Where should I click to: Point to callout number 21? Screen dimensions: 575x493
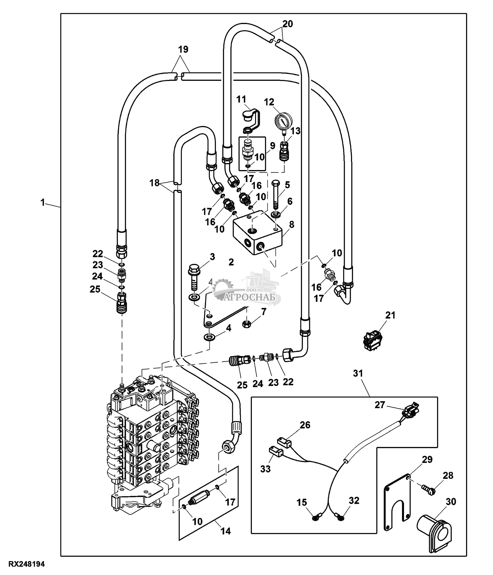point(390,315)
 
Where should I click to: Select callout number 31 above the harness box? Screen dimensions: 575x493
point(358,373)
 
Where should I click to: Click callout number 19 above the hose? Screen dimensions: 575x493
point(183,50)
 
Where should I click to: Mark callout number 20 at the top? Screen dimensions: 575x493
point(288,24)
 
